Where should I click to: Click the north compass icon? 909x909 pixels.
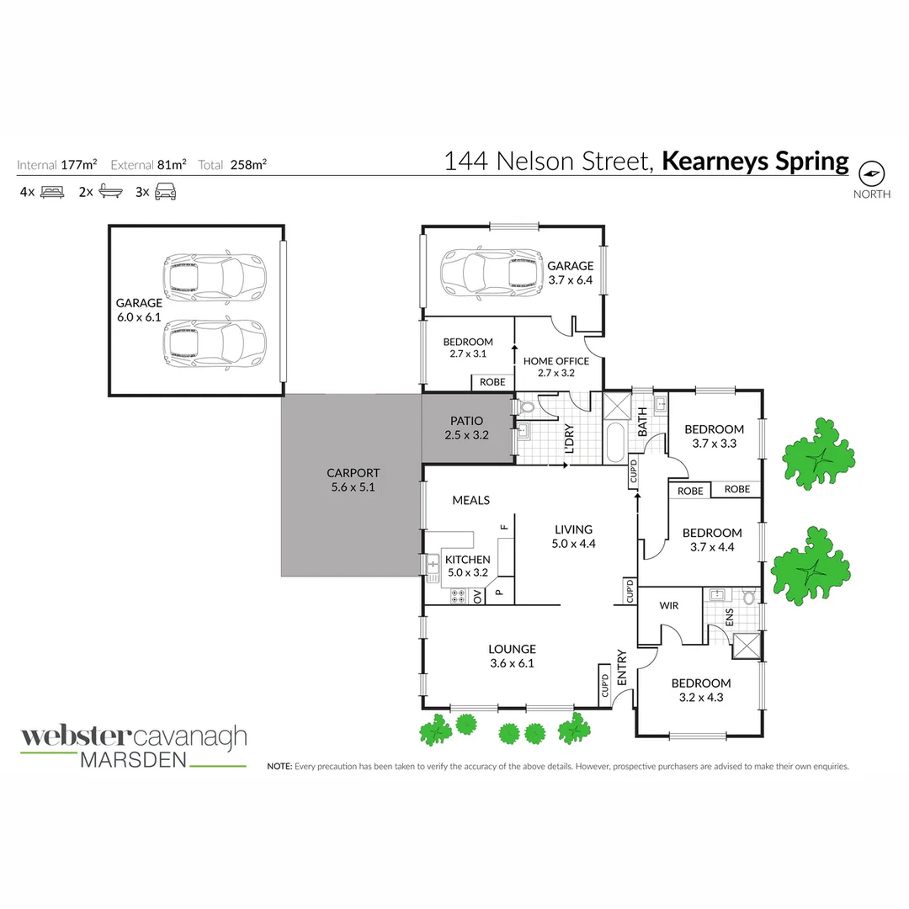(872, 173)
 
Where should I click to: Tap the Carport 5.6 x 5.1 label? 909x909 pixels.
(353, 480)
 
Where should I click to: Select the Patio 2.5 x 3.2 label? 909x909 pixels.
(467, 428)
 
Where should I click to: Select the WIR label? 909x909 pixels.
(668, 605)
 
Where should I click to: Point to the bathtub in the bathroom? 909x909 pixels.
(614, 444)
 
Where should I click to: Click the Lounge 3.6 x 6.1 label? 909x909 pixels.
(512, 656)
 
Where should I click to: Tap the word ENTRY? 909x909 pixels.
(622, 667)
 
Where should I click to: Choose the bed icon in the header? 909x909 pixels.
(52, 192)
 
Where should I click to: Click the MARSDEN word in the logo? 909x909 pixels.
(132, 759)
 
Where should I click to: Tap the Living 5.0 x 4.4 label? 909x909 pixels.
(573, 536)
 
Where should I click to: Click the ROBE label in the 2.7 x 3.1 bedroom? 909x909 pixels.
(492, 382)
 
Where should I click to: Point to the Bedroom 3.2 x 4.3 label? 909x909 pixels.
(700, 689)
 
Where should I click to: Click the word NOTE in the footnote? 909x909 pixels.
(279, 767)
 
